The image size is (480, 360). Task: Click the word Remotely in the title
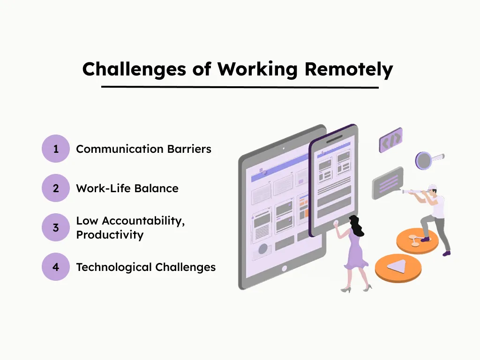[349, 69]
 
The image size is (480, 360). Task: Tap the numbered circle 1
[56, 149]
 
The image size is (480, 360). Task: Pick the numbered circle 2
[56, 188]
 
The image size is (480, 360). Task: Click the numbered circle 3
[56, 228]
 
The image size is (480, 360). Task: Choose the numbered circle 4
[56, 267]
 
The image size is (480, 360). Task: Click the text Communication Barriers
[143, 149]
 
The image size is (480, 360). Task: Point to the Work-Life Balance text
[127, 188]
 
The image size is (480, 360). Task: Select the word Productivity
[110, 235]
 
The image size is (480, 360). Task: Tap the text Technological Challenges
[146, 267]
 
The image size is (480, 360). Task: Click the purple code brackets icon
[390, 140]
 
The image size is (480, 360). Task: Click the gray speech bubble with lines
[387, 182]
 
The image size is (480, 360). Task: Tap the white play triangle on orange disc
[396, 266]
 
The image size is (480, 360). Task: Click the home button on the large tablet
[284, 269]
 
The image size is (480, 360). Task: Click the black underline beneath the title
[240, 87]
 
